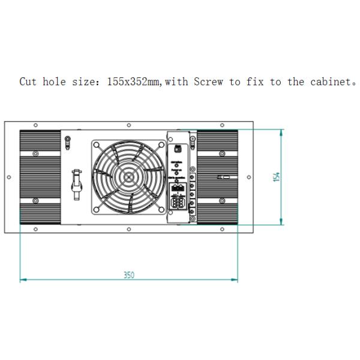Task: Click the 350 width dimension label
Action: click(x=129, y=275)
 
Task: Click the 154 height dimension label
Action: click(x=277, y=177)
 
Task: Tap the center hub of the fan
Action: click(x=128, y=177)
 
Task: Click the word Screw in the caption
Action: click(x=208, y=82)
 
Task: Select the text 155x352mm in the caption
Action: click(x=134, y=82)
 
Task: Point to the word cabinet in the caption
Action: click(x=330, y=82)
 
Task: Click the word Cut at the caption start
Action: click(x=28, y=82)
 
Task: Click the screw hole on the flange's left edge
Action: click(x=8, y=177)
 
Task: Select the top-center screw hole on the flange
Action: click(x=129, y=125)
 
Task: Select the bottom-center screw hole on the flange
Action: click(x=129, y=229)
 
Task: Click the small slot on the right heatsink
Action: click(x=223, y=177)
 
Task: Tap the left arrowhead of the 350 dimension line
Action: click(x=22, y=280)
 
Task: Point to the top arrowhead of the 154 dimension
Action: click(x=282, y=131)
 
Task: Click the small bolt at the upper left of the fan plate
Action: click(x=67, y=141)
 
